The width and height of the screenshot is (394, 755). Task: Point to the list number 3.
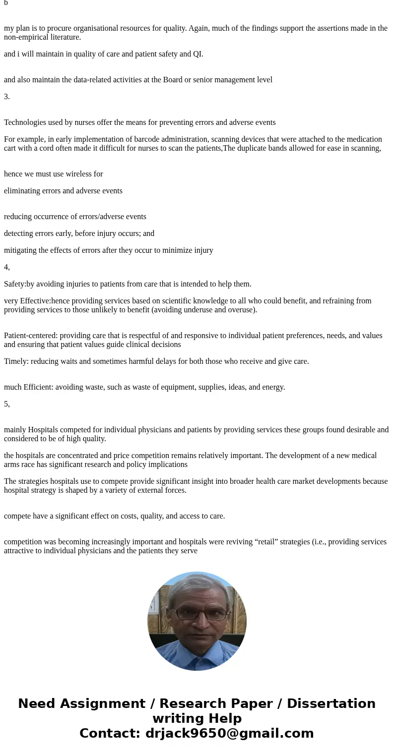pyautogui.click(x=7, y=96)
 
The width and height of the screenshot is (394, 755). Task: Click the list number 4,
pyautogui.click(x=7, y=267)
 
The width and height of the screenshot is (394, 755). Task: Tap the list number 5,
pyautogui.click(x=7, y=404)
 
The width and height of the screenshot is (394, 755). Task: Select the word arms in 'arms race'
pyautogui.click(x=13, y=464)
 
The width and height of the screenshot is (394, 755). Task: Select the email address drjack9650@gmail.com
pyautogui.click(x=229, y=733)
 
